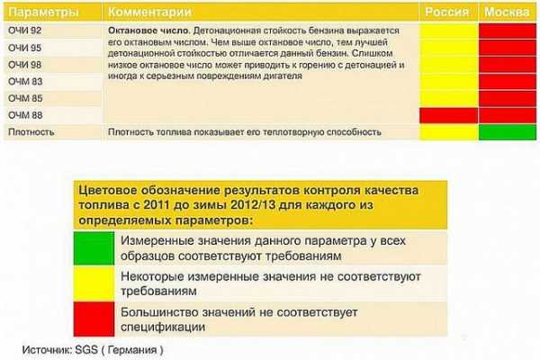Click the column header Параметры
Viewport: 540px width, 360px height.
coord(43,12)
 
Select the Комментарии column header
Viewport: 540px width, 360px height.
coord(149,12)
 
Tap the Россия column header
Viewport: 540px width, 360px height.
coord(446,12)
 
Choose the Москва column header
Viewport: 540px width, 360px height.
coord(507,12)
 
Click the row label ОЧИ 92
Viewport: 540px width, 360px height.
coord(25,31)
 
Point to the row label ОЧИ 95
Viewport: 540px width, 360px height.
coord(25,48)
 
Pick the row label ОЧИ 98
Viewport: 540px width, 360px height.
coord(25,65)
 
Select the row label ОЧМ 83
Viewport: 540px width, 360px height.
coord(25,82)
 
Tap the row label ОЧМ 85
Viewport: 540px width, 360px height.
coord(25,98)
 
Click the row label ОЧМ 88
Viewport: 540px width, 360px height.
coord(25,115)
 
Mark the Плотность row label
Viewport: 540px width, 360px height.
coord(31,132)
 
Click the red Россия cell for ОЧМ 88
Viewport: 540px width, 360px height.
coord(449,115)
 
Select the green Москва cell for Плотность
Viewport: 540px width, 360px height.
coord(508,132)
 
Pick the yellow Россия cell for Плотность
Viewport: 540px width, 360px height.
coord(449,132)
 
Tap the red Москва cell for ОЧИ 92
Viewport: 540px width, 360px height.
coord(508,31)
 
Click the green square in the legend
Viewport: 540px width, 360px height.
coord(94,248)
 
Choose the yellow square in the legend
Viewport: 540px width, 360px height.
coord(94,283)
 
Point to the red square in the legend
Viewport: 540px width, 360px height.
coord(94,319)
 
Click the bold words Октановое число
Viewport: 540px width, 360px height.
coord(148,31)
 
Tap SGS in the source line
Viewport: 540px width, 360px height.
coord(86,350)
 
